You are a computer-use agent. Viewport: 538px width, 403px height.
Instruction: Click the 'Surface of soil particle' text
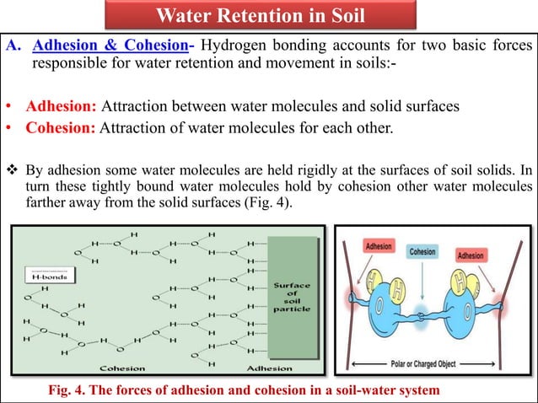292,297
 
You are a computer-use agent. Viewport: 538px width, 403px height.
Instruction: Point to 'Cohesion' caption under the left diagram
121,368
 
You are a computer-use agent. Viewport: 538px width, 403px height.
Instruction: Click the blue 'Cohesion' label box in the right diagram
422,251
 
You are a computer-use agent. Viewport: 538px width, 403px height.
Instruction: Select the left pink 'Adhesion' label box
378,246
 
